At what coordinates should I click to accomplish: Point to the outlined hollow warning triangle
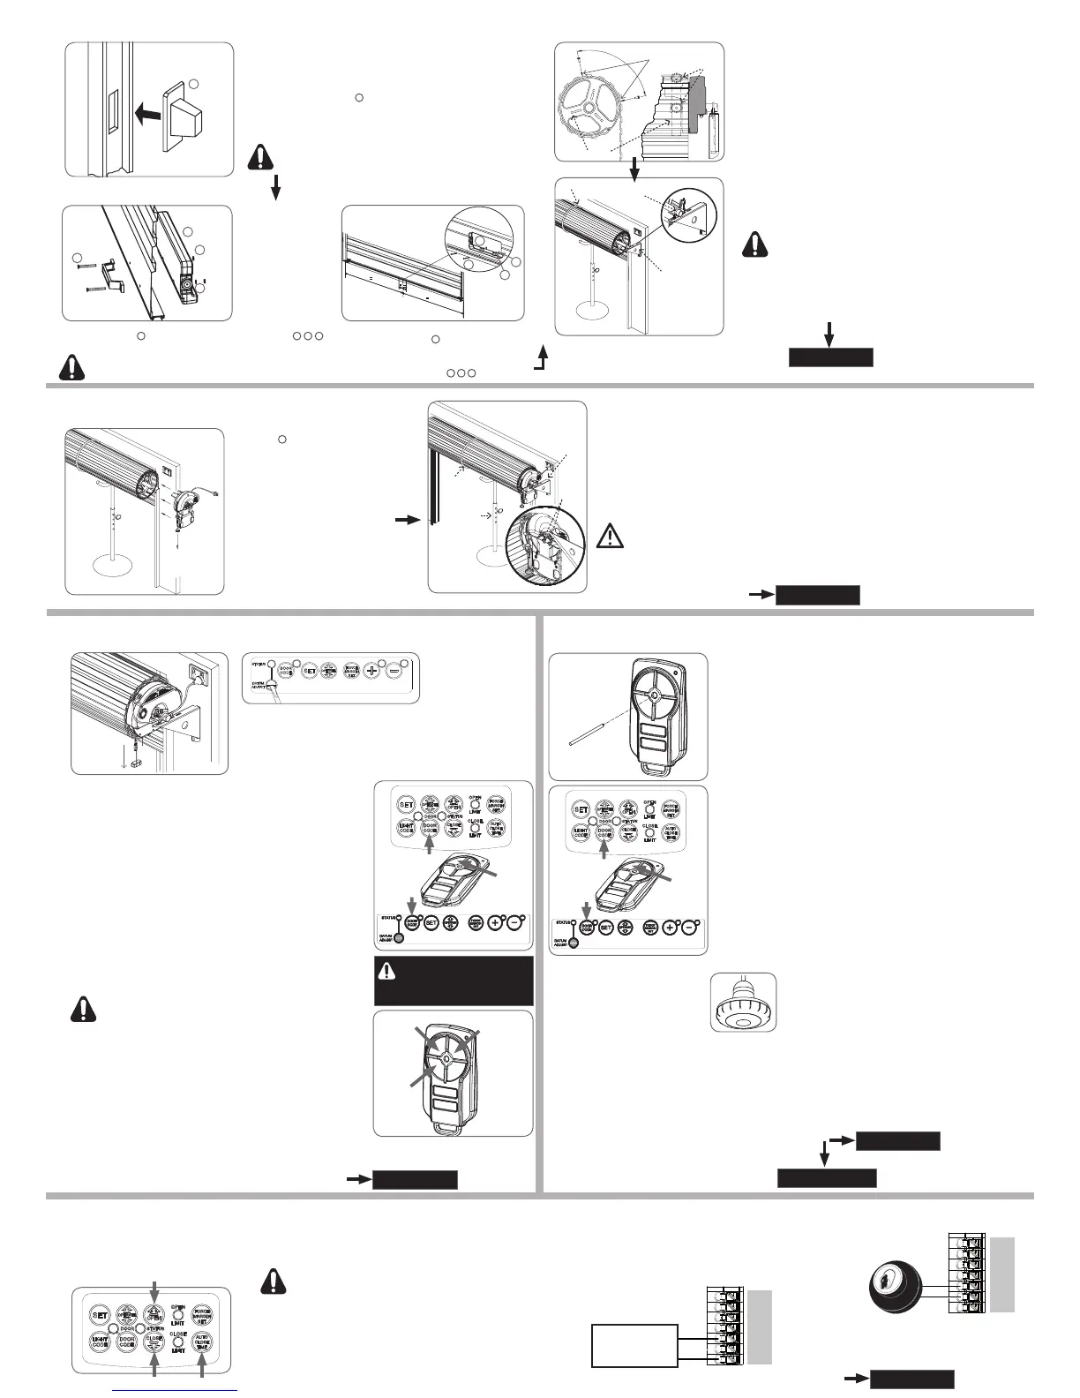610,537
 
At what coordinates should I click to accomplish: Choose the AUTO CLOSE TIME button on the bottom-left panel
202,1342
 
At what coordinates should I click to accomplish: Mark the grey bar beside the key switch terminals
1002,1274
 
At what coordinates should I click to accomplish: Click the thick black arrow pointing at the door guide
407,522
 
